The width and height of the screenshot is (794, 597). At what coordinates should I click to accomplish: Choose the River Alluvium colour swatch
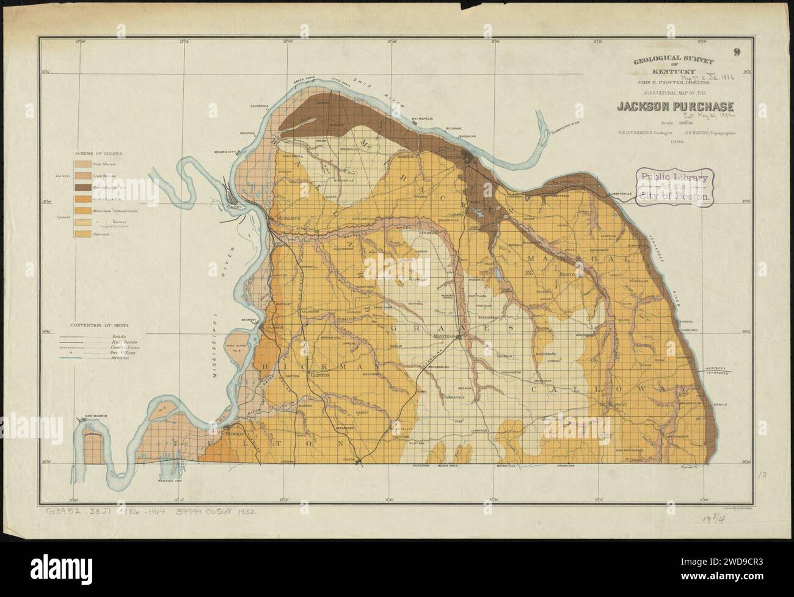coord(82,164)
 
